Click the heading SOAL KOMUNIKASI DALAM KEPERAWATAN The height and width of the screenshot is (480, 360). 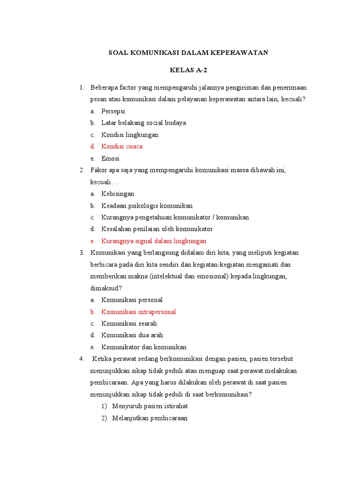point(188,53)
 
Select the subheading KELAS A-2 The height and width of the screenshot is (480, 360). point(188,71)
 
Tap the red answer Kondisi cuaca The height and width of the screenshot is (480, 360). point(122,146)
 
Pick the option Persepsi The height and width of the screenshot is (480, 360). point(113,111)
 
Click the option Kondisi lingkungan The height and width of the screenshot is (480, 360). point(130,135)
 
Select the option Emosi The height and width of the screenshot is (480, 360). point(110,158)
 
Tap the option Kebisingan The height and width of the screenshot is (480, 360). point(118,194)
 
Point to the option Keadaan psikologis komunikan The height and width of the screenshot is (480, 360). point(147,206)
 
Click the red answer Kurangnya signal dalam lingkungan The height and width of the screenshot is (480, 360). point(154,241)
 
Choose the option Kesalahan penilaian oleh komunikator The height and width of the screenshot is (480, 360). point(157,229)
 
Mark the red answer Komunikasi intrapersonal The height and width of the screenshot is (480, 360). point(138,312)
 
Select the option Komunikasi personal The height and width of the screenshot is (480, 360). point(132,300)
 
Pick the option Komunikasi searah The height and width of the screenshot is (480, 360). point(129,323)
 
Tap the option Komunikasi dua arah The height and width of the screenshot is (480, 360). point(132,335)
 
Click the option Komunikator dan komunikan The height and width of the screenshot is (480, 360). point(144,347)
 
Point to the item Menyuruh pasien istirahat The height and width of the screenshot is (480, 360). point(150,406)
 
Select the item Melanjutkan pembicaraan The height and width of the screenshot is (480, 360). point(150,418)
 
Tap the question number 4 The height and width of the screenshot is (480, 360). point(82,359)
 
